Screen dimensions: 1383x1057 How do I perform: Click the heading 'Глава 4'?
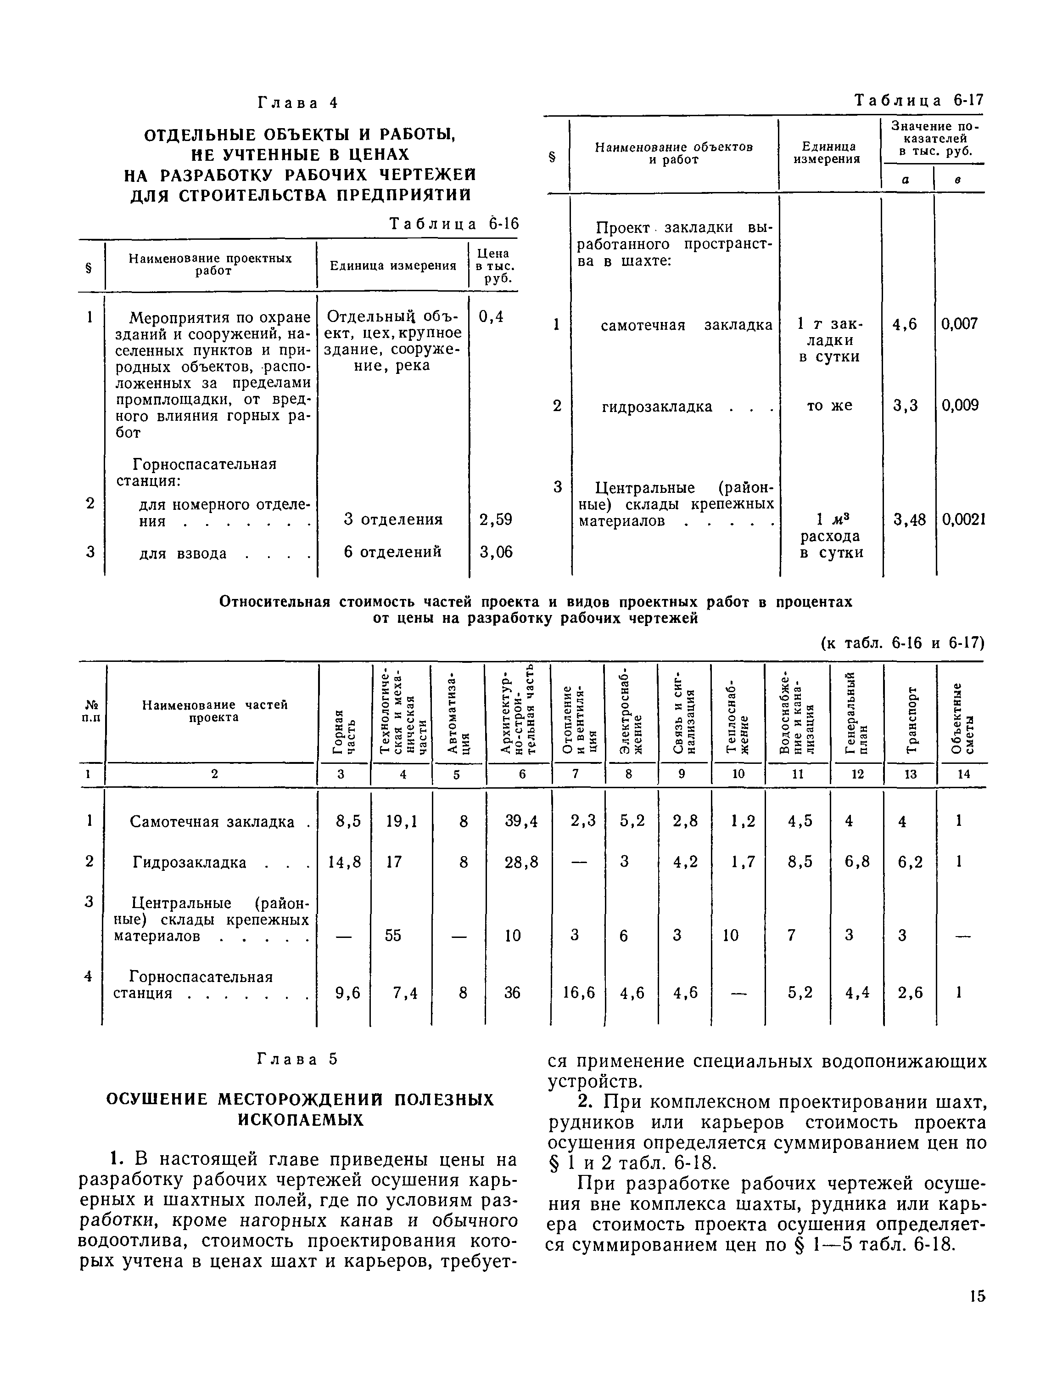click(297, 102)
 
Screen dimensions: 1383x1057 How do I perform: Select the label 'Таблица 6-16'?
click(454, 224)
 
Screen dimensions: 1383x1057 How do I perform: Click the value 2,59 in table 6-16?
click(495, 519)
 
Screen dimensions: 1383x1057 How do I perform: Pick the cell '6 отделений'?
click(392, 552)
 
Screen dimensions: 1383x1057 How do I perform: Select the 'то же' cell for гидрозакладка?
click(829, 406)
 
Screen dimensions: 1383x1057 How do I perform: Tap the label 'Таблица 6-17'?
click(918, 100)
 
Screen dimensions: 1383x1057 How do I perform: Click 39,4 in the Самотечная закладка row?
click(521, 821)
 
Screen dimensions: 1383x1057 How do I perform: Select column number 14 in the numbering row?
click(963, 774)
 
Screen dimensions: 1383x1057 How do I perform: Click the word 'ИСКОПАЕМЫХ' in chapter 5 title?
click(300, 1119)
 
